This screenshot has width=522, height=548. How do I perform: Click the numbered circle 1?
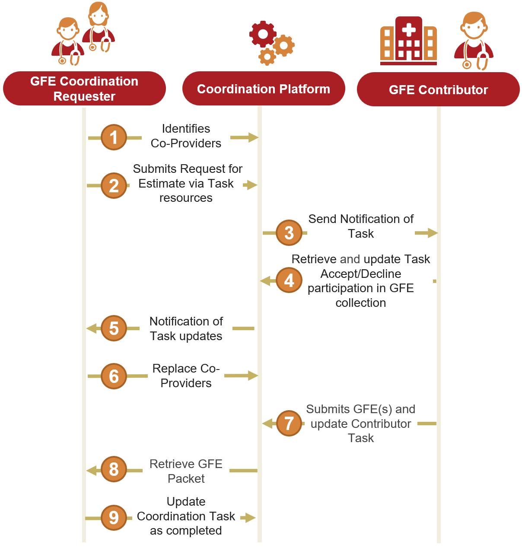pyautogui.click(x=114, y=137)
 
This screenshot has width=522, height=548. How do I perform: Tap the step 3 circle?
pyautogui.click(x=289, y=233)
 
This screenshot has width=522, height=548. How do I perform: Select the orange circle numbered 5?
pyautogui.click(x=114, y=328)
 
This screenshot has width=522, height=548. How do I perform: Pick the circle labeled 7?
pyautogui.click(x=289, y=423)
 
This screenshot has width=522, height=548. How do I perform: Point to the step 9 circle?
pyautogui.click(x=114, y=517)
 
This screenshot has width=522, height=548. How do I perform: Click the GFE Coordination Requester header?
pyautogui.click(x=84, y=89)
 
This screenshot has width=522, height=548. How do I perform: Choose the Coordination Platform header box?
pyautogui.click(x=264, y=89)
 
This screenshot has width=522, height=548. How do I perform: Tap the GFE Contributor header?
pyautogui.click(x=438, y=89)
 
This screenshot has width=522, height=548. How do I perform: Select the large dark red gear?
pyautogui.click(x=263, y=34)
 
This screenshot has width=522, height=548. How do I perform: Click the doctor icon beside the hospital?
pyautogui.click(x=474, y=41)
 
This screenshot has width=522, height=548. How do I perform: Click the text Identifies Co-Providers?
pyautogui.click(x=186, y=136)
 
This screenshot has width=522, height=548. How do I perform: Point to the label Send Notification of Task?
pyautogui.click(x=361, y=226)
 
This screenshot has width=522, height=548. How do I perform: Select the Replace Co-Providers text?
pyautogui.click(x=186, y=376)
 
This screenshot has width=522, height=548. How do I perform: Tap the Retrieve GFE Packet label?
pyautogui.click(x=186, y=471)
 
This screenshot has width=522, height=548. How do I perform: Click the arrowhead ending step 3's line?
pyautogui.click(x=432, y=233)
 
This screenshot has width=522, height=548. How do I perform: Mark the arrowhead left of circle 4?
pyautogui.click(x=265, y=281)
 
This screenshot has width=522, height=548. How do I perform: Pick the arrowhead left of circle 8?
pyautogui.click(x=92, y=470)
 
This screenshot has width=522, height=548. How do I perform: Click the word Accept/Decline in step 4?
pyautogui.click(x=361, y=274)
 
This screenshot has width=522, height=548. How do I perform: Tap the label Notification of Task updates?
pyautogui.click(x=186, y=328)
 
